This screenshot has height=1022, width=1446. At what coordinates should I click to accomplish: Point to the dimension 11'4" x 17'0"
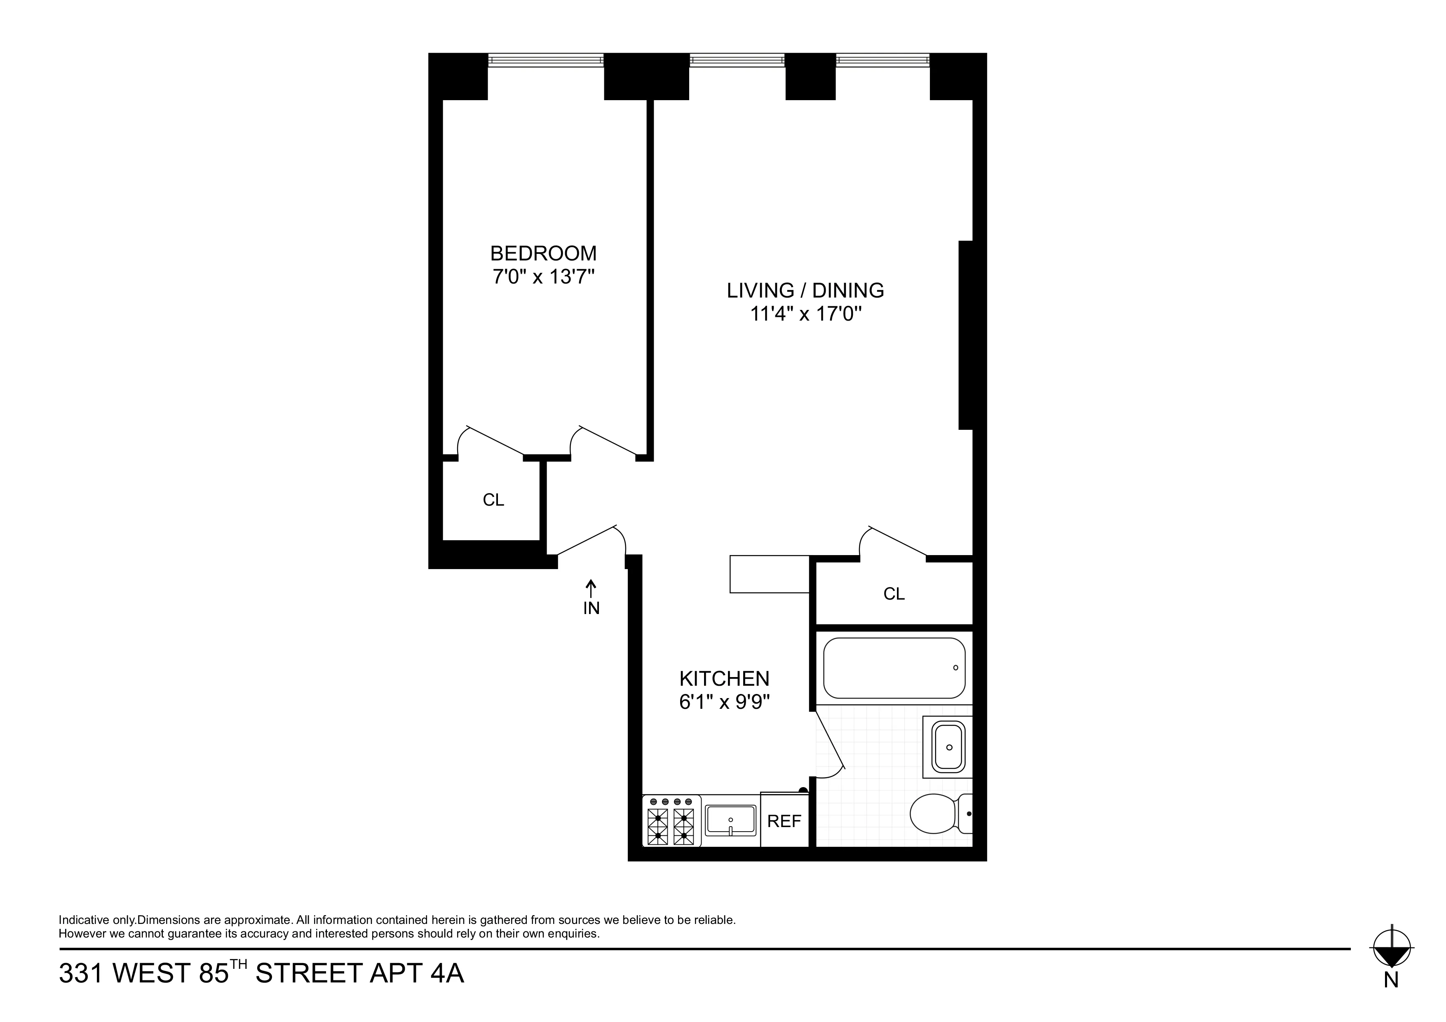(x=805, y=314)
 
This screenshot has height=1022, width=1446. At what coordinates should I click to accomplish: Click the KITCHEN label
(x=724, y=678)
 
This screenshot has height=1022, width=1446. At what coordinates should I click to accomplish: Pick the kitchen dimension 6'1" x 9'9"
(x=724, y=701)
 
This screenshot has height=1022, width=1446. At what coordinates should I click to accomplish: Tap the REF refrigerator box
(x=784, y=821)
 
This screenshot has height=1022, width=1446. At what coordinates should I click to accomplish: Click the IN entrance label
(x=591, y=608)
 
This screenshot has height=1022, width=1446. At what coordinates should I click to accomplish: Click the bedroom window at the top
(x=545, y=61)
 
